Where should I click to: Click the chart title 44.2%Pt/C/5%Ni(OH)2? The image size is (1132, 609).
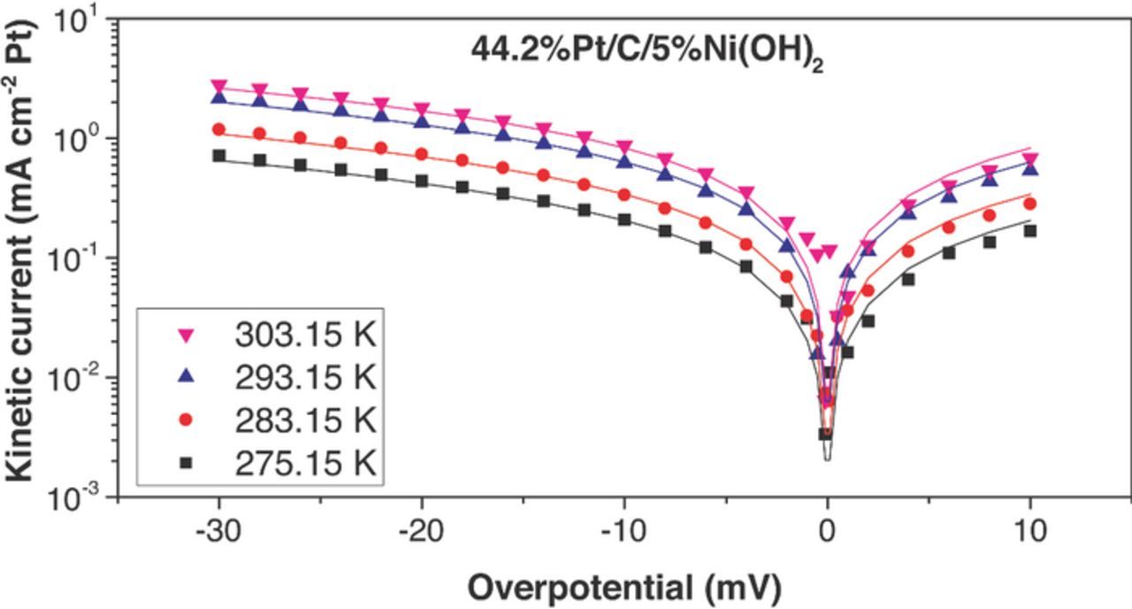point(646,51)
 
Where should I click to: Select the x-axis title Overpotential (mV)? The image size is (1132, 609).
point(623,586)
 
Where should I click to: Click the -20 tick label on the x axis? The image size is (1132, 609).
point(422,533)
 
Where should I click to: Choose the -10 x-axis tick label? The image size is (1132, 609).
point(624,533)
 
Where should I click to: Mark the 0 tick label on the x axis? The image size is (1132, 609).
point(827,533)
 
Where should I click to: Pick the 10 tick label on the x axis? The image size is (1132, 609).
point(1029,533)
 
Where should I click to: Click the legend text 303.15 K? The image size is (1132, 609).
point(306,336)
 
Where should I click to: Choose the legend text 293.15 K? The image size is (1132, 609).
point(306,378)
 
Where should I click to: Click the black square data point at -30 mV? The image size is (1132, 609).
point(219,156)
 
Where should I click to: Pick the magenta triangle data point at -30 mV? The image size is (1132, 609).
point(219,86)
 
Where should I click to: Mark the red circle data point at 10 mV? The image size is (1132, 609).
point(1029,204)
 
